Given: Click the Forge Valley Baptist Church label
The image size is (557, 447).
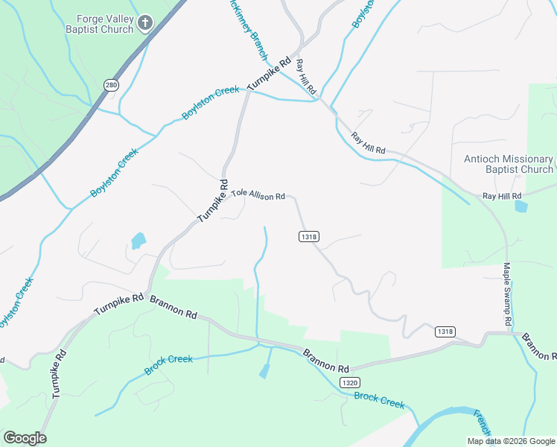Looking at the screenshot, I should [x=104, y=23].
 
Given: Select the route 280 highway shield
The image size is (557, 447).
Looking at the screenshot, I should [x=111, y=85].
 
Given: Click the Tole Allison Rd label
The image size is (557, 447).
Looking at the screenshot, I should [x=258, y=194].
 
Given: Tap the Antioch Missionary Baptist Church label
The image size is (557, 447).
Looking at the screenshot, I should [x=509, y=164].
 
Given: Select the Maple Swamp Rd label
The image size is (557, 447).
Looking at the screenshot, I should [x=507, y=294].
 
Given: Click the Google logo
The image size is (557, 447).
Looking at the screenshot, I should [x=25, y=438].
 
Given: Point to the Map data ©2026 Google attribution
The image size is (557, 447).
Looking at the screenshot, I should [x=511, y=441].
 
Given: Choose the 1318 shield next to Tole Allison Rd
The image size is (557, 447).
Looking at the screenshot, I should [x=309, y=236].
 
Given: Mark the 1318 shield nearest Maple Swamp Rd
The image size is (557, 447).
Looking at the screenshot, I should [x=445, y=332].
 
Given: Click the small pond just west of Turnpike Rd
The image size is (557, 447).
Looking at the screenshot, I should [x=139, y=241].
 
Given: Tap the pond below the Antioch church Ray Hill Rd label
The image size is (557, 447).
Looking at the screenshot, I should [x=521, y=206].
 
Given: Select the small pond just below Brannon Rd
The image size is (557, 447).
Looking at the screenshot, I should [x=264, y=370].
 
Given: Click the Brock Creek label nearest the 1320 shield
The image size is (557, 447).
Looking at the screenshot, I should [x=379, y=399].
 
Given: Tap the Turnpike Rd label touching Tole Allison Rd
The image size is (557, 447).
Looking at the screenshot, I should [x=213, y=200].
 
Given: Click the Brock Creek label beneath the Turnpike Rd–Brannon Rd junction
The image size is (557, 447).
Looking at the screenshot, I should [x=168, y=364].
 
